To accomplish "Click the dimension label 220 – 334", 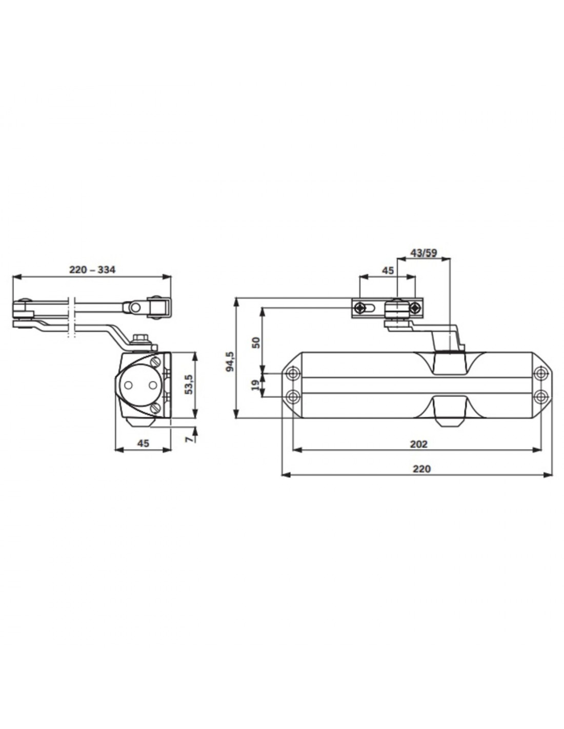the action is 92,270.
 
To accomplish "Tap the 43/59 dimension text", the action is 424,253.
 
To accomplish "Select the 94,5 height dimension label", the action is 230,361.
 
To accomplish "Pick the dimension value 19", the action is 255,384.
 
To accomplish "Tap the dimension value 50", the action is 256,342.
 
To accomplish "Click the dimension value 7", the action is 190,439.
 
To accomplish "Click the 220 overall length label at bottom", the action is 421,469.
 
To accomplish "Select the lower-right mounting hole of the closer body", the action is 540,396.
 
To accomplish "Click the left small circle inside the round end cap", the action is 128,386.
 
